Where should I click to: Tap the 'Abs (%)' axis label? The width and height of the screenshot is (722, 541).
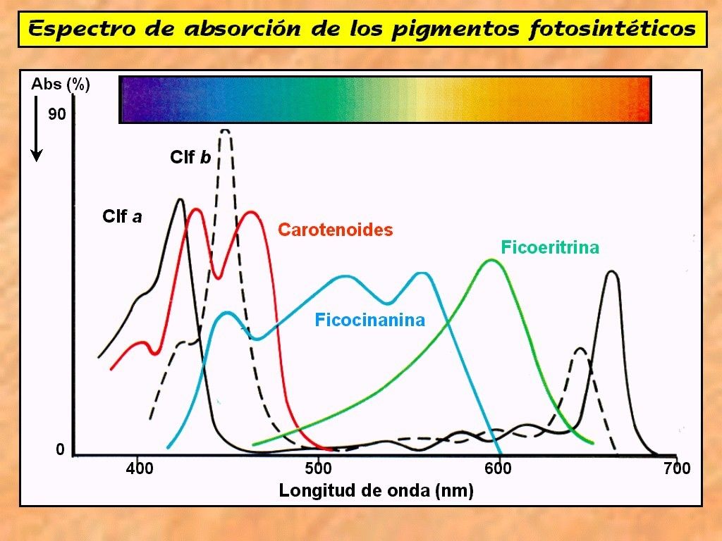click(61, 85)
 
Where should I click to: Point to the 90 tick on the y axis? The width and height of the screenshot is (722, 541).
click(56, 114)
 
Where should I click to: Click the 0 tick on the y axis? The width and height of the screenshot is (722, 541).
click(61, 449)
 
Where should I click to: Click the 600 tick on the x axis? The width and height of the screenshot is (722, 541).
click(498, 468)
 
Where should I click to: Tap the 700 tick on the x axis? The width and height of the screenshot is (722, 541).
click(678, 468)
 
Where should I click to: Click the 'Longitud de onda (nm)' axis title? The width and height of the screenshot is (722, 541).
click(376, 490)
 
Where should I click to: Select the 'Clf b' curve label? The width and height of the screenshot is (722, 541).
click(190, 157)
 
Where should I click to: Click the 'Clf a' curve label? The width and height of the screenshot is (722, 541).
click(122, 216)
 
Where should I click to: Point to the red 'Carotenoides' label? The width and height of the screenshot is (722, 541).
click(336, 230)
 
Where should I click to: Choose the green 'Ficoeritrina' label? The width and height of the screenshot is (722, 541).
click(550, 247)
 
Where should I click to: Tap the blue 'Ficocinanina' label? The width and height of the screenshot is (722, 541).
click(370, 321)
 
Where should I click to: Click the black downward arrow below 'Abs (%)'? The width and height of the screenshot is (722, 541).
click(37, 130)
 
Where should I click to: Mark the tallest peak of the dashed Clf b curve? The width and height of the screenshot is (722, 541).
click(226, 130)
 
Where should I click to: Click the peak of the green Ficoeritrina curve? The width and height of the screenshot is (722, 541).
click(491, 260)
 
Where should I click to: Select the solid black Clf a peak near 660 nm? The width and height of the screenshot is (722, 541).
click(612, 272)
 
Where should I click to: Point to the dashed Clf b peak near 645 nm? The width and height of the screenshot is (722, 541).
click(580, 348)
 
